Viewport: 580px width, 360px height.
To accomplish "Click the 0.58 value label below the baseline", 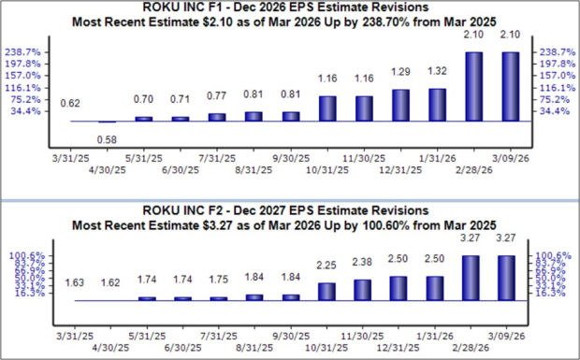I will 107,139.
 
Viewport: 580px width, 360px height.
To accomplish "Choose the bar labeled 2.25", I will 326,291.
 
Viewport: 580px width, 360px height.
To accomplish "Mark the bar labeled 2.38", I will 363,289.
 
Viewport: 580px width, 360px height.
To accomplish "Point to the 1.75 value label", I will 217,279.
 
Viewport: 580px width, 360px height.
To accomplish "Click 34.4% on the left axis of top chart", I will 27,111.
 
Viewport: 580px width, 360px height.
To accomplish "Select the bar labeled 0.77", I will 217,117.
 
